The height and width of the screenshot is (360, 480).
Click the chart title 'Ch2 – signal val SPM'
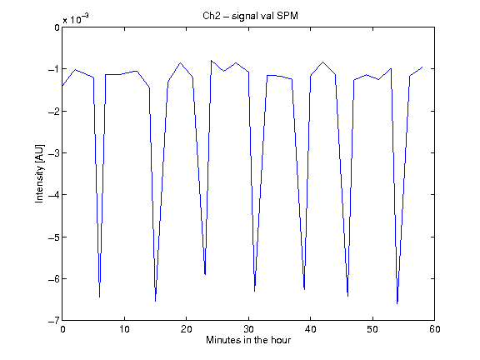(250, 16)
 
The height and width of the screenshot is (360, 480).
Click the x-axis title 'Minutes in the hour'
(248, 340)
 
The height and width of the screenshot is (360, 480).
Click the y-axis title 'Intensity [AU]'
(40, 173)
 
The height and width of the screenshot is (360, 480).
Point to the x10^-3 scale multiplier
(76, 19)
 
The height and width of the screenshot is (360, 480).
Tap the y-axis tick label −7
(54, 321)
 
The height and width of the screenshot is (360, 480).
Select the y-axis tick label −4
(54, 195)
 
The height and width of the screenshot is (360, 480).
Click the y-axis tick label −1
(54, 69)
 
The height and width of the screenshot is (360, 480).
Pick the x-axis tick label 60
(435, 329)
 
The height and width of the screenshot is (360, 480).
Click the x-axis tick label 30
(248, 329)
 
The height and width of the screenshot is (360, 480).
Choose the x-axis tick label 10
(125, 329)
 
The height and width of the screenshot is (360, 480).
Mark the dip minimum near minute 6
(99, 297)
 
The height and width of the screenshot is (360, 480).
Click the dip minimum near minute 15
(155, 301)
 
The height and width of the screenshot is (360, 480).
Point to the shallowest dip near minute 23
(205, 275)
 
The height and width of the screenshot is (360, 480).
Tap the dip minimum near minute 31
(255, 291)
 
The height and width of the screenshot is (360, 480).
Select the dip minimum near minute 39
(304, 289)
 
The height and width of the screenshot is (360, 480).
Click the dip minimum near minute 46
(347, 296)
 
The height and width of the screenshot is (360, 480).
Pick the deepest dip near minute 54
(397, 303)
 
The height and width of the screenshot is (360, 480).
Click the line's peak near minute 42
(323, 62)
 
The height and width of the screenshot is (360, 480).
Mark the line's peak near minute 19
(180, 62)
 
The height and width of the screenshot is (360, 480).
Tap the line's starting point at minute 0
(62, 86)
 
